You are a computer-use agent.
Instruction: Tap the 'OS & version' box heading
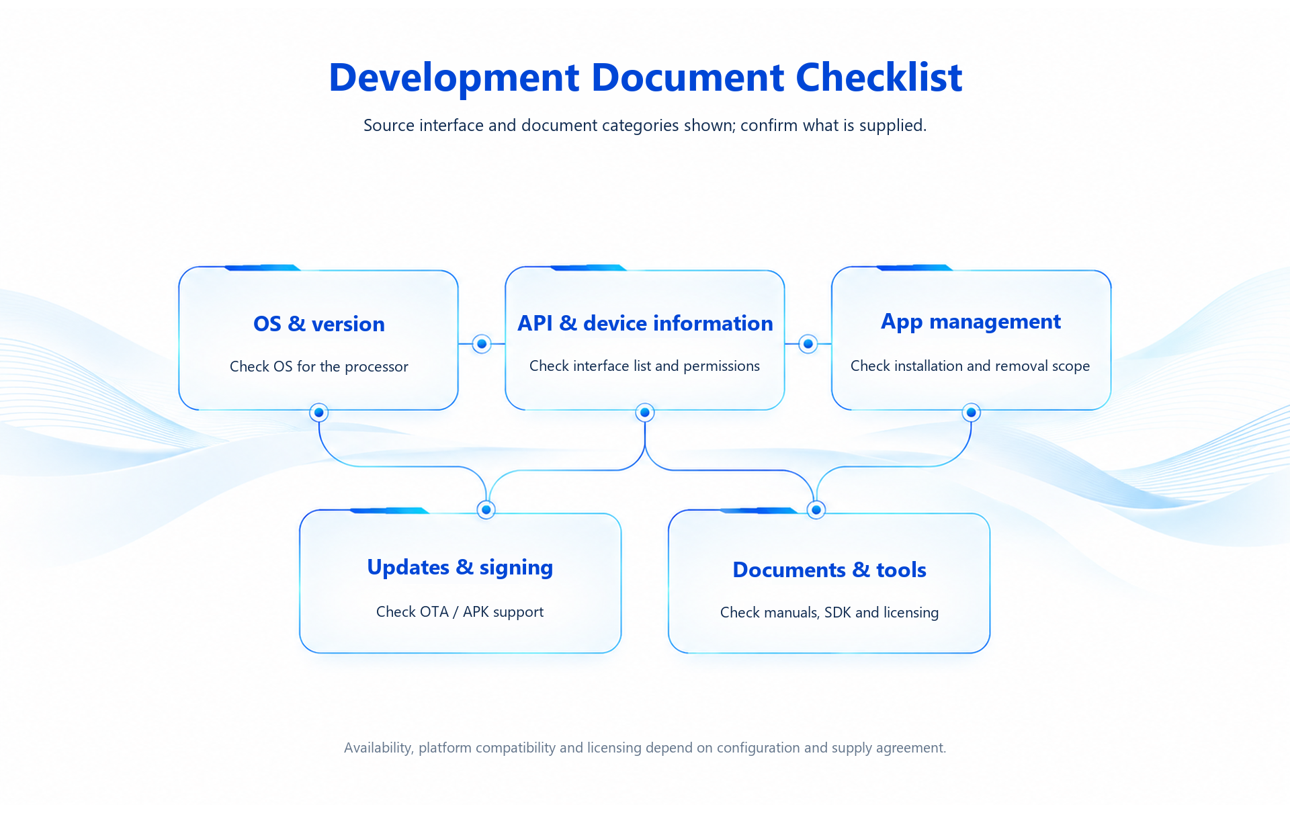(319, 324)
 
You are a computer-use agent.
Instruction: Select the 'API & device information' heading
(645, 323)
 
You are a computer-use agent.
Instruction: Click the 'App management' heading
(971, 323)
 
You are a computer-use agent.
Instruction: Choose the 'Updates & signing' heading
(460, 568)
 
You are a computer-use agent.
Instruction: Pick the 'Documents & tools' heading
(830, 570)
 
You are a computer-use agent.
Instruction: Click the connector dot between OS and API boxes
(482, 344)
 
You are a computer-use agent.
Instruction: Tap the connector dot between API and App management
(808, 344)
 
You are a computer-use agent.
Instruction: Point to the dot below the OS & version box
(319, 413)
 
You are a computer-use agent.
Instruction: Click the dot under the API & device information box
(645, 413)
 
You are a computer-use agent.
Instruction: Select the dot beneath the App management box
(971, 413)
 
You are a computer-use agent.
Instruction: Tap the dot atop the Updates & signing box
(486, 510)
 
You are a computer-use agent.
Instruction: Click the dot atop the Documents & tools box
(816, 510)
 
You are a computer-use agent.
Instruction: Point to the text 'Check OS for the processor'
(319, 367)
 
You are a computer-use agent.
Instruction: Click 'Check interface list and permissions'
(645, 366)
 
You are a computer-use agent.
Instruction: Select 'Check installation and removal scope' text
(970, 366)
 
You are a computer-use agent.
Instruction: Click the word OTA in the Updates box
(435, 612)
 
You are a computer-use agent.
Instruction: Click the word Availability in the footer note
(378, 748)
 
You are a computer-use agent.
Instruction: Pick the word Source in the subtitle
(390, 126)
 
